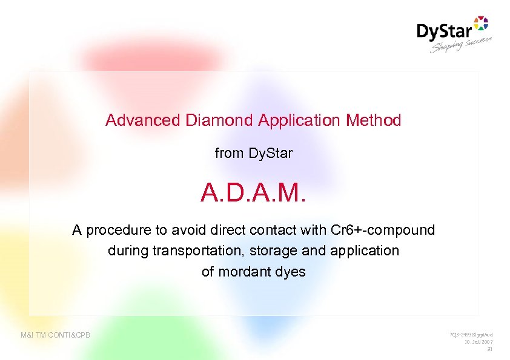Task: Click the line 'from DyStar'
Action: point(253,154)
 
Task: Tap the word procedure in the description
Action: point(114,230)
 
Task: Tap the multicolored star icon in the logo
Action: point(480,23)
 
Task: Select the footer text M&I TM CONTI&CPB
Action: point(56,335)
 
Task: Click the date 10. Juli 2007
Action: point(475,342)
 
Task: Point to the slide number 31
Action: point(490,349)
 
